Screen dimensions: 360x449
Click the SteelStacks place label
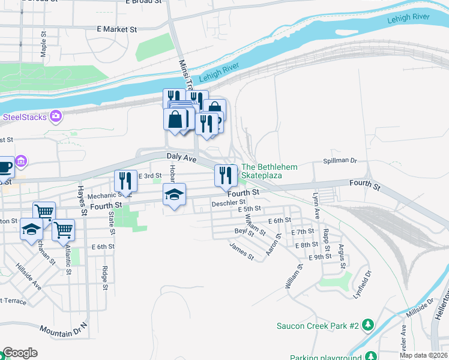click(25, 116)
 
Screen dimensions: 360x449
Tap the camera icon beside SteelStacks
click(56, 116)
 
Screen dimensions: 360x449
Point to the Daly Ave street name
click(181, 157)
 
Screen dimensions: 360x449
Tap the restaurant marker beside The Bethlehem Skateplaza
click(226, 175)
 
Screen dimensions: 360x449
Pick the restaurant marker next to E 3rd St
click(126, 180)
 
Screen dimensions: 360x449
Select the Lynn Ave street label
click(316, 205)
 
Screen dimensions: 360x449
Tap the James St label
click(242, 251)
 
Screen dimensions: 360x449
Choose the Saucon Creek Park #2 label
click(318, 326)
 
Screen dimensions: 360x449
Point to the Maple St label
click(43, 45)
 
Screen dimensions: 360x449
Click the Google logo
click(20, 353)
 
